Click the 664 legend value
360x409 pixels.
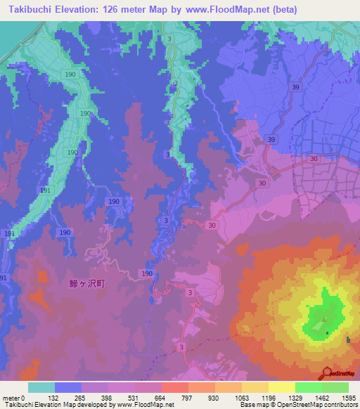(162, 397)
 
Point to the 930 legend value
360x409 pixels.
(215, 397)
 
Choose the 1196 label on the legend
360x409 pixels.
(269, 397)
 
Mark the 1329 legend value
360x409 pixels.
(295, 397)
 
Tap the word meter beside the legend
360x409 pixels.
(11, 397)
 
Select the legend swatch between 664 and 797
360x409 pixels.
(175, 387)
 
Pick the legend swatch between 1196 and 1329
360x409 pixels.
(282, 387)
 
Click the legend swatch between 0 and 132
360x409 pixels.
(41, 387)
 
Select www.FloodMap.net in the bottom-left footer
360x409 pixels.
(144, 405)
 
